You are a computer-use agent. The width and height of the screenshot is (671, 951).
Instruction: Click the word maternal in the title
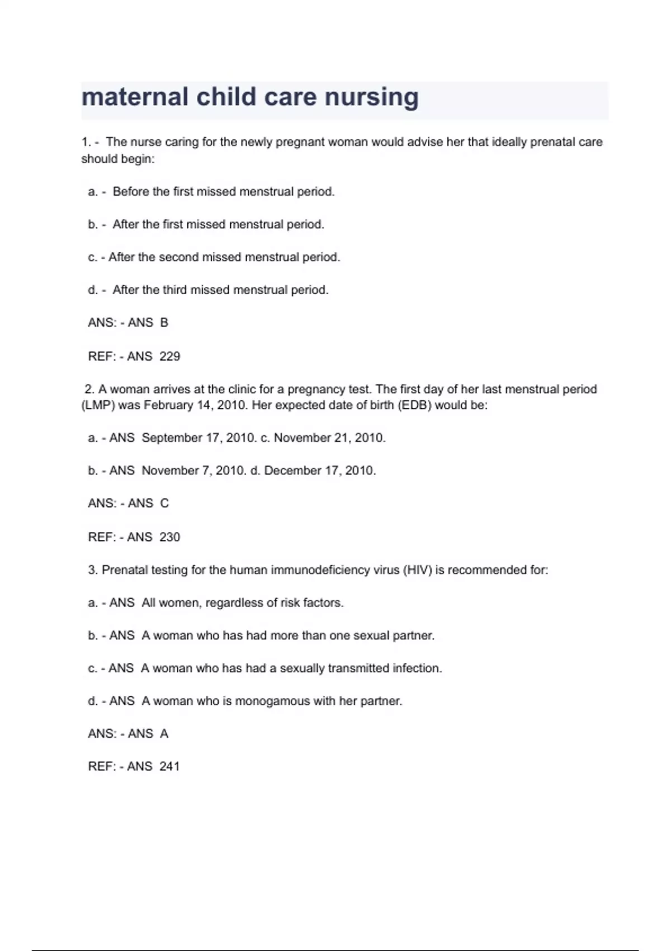coord(135,97)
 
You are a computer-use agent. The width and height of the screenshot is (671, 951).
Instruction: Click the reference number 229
coord(169,356)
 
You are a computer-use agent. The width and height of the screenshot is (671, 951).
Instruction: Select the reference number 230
coord(169,537)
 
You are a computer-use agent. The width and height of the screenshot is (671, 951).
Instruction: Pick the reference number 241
coord(169,766)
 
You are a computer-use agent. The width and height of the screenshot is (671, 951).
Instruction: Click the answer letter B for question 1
coord(164,323)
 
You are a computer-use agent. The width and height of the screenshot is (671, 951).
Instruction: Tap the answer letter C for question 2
coord(164,503)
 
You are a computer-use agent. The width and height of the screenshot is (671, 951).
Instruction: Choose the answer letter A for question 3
coord(164,734)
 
